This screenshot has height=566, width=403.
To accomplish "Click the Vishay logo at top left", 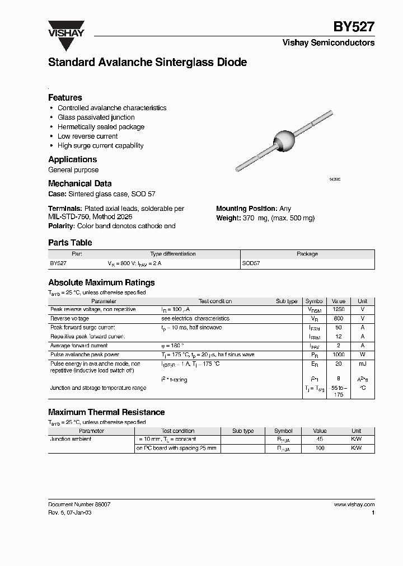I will coord(66,29).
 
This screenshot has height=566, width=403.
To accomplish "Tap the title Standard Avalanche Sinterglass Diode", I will coord(147,63).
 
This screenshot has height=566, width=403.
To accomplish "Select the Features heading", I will coord(65,97).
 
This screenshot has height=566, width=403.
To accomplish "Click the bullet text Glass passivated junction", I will coord(96,117).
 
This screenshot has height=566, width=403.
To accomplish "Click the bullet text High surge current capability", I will coord(100,145).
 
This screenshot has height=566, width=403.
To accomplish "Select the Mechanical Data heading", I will coord(79,183).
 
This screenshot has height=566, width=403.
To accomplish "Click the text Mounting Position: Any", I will coord(254,209).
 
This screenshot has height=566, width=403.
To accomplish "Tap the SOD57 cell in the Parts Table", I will coord(251,262).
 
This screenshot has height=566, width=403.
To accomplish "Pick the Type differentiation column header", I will coord(173,254).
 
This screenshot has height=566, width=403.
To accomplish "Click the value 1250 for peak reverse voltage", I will coord(339,309).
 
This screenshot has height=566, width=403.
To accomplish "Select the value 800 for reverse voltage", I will coord(339,318).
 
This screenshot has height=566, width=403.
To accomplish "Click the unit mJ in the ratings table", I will coord(362,364).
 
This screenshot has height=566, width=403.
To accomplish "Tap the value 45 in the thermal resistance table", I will coord(320,440).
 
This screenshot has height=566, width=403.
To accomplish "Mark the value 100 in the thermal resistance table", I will coord(320,449).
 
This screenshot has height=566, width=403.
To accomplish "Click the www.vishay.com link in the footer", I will coord(354,504).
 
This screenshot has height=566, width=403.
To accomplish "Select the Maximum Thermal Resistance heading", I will coord(106,412).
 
